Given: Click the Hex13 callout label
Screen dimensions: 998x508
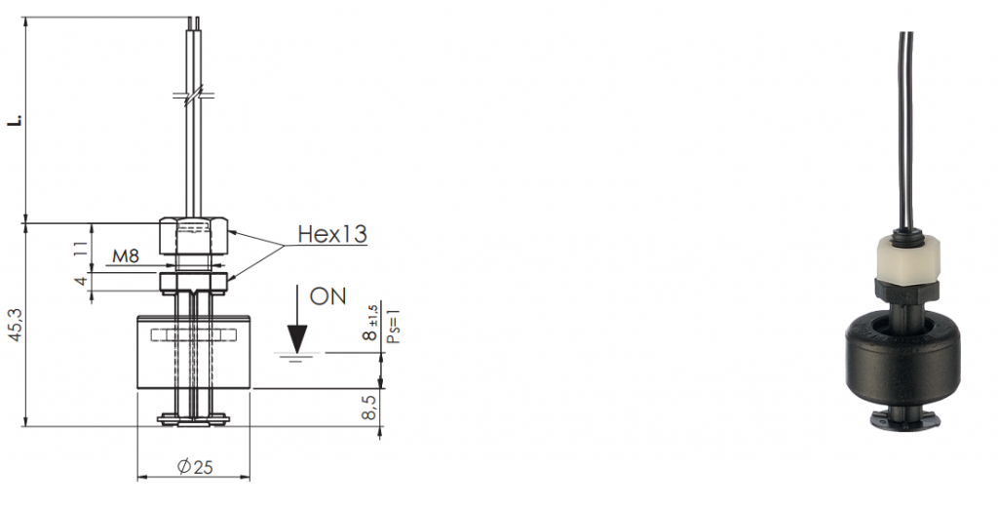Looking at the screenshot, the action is pyautogui.click(x=332, y=234).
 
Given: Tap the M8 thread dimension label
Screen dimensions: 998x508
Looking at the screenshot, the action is pyautogui.click(x=126, y=255).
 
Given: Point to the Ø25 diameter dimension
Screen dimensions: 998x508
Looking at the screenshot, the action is pyautogui.click(x=195, y=467).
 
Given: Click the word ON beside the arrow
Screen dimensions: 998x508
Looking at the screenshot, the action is pyautogui.click(x=327, y=296).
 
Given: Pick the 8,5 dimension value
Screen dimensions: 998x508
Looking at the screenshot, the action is pyautogui.click(x=369, y=407).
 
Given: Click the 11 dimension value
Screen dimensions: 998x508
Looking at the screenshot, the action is pyautogui.click(x=80, y=248).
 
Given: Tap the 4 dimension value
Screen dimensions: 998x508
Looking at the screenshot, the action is pyautogui.click(x=81, y=281).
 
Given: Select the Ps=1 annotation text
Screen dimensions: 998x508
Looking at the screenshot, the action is pyautogui.click(x=394, y=327).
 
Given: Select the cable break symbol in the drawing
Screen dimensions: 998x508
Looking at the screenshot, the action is pyautogui.click(x=194, y=96).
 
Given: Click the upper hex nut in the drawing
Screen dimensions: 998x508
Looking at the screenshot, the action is pyautogui.click(x=194, y=237).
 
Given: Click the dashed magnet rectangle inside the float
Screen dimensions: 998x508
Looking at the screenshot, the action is pyautogui.click(x=194, y=334).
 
